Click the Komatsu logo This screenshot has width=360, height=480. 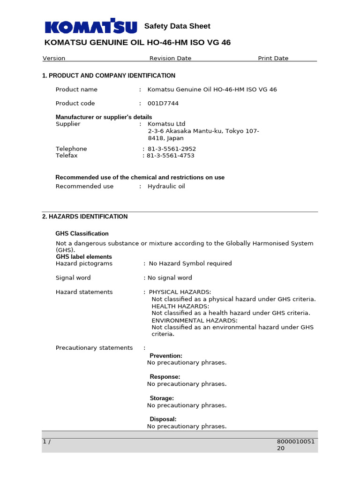tap(91, 27)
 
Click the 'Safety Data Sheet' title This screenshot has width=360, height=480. tap(177, 26)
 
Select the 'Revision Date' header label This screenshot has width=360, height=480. tap(170, 59)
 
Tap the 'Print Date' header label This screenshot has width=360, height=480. tap(273, 59)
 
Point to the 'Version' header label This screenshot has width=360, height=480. tap(54, 59)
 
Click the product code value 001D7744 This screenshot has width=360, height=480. tap(163, 104)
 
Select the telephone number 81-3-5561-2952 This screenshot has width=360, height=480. tap(172, 149)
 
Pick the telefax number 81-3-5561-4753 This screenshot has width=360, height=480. tap(171, 156)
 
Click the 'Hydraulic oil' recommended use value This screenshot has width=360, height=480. tap(166, 187)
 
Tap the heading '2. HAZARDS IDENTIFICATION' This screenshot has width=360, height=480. tap(85, 217)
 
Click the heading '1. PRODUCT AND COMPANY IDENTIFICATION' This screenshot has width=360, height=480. tap(109, 75)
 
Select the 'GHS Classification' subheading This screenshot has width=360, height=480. tap(82, 233)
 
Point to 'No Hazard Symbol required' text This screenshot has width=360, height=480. tap(190, 263)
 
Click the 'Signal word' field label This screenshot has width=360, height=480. tap(73, 278)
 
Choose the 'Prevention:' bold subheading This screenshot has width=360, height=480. tap(166, 356)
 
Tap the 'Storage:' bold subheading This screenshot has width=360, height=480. tap(162, 398)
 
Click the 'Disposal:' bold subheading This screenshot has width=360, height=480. tap(163, 419)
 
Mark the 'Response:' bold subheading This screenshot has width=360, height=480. tap(165, 377)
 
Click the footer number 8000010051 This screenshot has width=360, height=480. tap(297, 441)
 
